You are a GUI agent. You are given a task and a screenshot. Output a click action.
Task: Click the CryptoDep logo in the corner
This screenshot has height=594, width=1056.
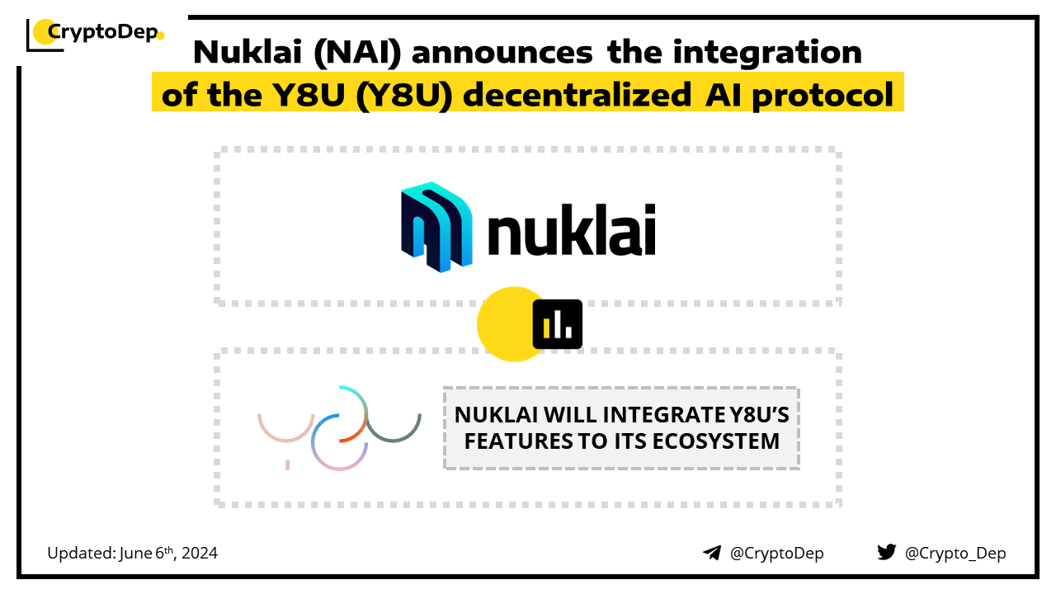[x=95, y=35]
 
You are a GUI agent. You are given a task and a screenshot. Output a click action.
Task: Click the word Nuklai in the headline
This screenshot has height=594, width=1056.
[x=247, y=52]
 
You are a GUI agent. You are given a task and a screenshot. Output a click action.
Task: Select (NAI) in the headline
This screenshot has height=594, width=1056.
[x=357, y=53]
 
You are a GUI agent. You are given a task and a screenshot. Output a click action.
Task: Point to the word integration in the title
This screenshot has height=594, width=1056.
[x=767, y=53]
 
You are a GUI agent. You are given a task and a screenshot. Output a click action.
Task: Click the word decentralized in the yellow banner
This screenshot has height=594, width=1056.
[x=577, y=95]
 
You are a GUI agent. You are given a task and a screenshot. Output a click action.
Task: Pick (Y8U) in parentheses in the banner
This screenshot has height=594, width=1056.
[x=404, y=96]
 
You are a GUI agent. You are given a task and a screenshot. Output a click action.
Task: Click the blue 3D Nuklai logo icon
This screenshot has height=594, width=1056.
[x=436, y=227]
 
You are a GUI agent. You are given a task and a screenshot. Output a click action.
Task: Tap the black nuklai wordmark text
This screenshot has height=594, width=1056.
[x=572, y=229]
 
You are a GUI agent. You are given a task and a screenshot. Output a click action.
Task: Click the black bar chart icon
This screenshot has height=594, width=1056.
[x=557, y=324]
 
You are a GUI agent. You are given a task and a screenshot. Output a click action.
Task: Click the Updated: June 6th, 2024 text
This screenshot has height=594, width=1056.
[x=133, y=553]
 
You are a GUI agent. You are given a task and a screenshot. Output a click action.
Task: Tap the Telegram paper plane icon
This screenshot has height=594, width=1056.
[x=712, y=553]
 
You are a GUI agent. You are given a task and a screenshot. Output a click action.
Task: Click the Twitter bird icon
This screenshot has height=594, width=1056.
[x=887, y=552]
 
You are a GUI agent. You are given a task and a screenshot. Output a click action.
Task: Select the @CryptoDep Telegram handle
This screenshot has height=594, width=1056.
[x=776, y=554]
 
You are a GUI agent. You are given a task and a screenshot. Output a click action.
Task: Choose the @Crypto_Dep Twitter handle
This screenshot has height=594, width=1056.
[x=955, y=554]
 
